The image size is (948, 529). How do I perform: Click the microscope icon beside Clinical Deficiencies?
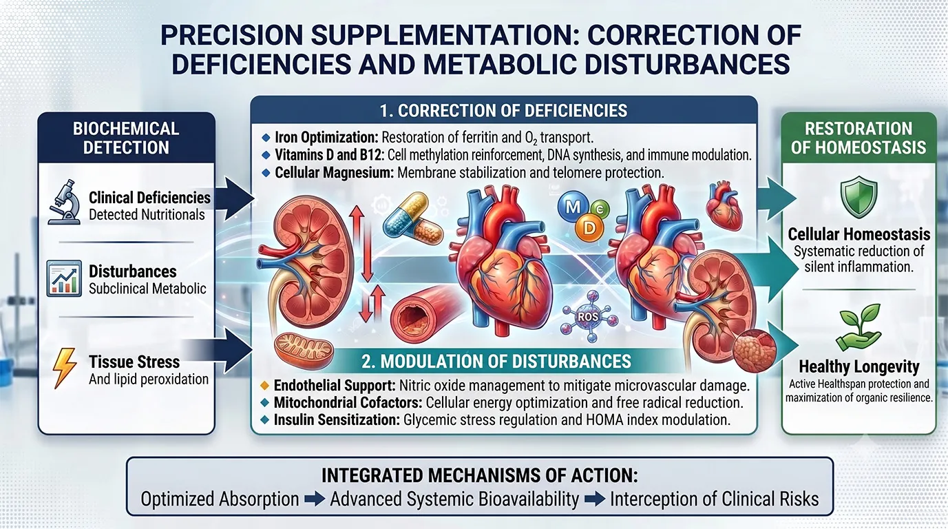(x=65, y=202)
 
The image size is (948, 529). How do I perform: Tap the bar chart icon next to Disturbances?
(x=64, y=278)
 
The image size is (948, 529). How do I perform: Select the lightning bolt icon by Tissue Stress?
(x=64, y=368)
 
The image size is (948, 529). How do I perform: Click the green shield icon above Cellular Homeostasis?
(x=859, y=197)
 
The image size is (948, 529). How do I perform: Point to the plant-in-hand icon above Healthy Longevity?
(x=859, y=327)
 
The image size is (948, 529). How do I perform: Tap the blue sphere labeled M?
(x=573, y=207)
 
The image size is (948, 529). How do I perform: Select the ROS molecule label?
(x=588, y=316)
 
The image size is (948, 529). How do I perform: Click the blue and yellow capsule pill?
(x=405, y=214)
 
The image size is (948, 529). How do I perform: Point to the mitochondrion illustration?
(x=304, y=351)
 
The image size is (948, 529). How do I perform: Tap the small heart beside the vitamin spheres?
(x=724, y=205)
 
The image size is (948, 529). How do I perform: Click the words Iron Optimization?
(x=326, y=138)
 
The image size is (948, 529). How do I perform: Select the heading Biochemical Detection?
(x=126, y=138)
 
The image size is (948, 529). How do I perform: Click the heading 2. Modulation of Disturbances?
(x=496, y=362)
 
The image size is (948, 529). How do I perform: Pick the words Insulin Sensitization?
(x=337, y=419)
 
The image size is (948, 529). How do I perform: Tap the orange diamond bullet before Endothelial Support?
(x=264, y=386)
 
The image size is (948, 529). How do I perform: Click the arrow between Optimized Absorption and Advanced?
(x=315, y=499)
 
